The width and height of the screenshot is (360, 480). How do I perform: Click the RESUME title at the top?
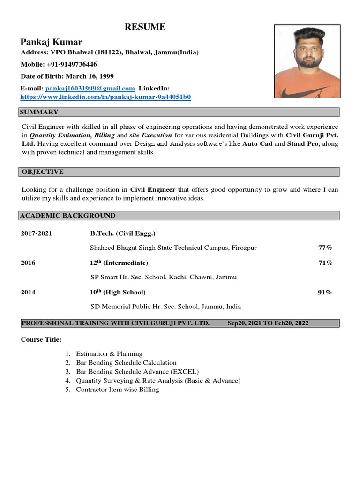point(145,27)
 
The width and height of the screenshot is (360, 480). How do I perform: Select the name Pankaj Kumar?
point(51,42)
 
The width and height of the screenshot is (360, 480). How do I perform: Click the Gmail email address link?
point(90,88)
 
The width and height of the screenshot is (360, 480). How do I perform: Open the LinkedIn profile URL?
point(105,97)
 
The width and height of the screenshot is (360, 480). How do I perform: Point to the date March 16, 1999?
point(90,76)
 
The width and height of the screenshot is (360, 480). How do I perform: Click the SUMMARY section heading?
point(39,112)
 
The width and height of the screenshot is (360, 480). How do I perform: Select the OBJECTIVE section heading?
point(42,172)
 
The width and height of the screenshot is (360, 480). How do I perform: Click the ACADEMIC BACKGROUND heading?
point(67,216)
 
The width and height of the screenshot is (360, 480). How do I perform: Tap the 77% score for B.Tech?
point(325,247)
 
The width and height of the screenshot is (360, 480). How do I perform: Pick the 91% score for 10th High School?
point(325,292)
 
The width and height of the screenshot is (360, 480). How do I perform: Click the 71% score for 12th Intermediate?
point(325,262)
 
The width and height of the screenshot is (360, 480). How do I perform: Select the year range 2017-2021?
point(37,233)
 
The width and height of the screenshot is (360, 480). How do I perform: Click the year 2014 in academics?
point(28,292)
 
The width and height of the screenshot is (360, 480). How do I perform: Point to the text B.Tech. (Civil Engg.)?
point(123,233)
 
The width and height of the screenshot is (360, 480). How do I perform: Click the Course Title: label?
point(41,339)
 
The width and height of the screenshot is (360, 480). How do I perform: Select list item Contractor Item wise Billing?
point(118,390)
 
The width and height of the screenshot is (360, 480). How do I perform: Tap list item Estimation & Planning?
point(109,354)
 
